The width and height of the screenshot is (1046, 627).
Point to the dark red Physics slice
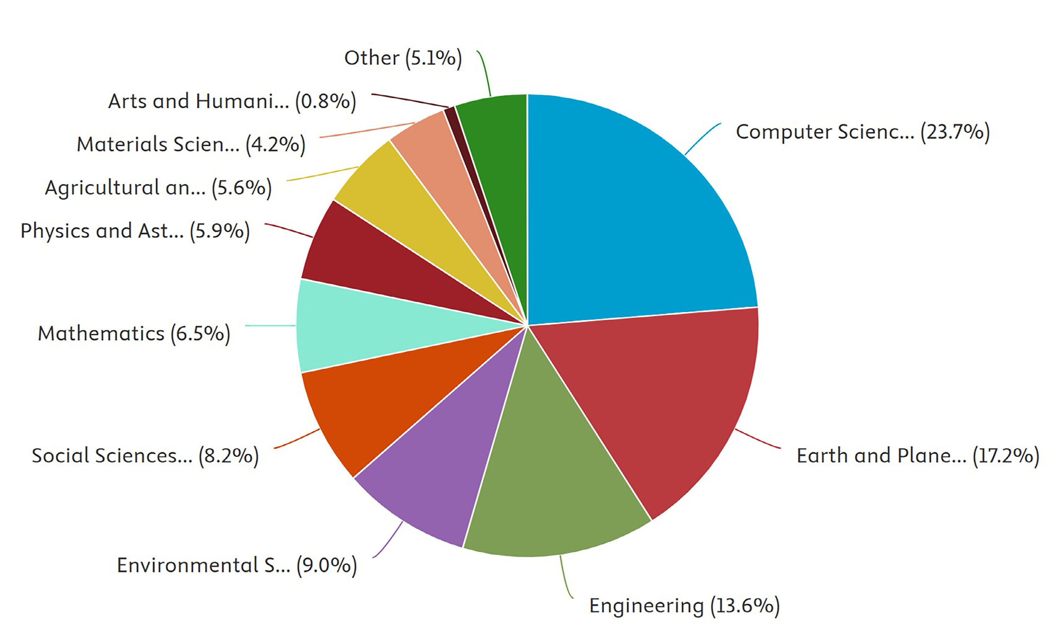[372, 262]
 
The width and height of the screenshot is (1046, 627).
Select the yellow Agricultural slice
[406, 203]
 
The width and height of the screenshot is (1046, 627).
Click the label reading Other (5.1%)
[403, 58]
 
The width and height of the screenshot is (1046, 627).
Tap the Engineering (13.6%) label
[684, 605]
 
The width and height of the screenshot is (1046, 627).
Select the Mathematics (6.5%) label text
[134, 333]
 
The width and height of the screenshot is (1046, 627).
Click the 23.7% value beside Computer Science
[955, 132]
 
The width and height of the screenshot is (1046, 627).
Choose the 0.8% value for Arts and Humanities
[326, 101]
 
